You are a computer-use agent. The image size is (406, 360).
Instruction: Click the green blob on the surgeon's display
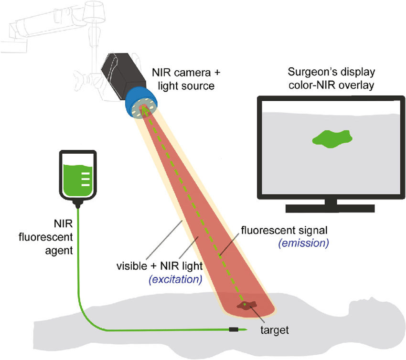(332, 139)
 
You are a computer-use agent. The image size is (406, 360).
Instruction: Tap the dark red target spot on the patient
(247, 306)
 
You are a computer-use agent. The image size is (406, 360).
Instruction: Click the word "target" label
(275, 329)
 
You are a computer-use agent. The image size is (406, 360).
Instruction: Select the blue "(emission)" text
(304, 243)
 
